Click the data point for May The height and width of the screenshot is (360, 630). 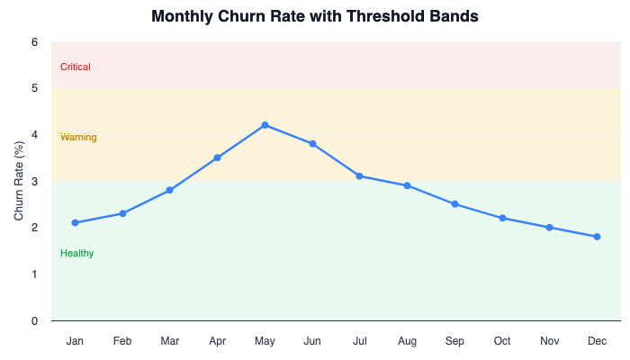(x=265, y=125)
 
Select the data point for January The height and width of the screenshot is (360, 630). (x=75, y=222)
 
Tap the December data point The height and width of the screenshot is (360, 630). (x=597, y=237)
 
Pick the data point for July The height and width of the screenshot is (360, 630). (x=359, y=176)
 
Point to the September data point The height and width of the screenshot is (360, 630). (x=454, y=204)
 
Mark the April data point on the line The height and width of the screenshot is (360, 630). (x=217, y=157)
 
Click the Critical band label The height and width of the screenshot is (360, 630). (x=76, y=67)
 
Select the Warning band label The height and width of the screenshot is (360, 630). (x=78, y=137)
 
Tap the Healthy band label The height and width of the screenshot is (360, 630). (x=76, y=253)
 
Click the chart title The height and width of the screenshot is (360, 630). (x=315, y=16)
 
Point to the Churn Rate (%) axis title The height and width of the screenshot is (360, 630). (x=19, y=181)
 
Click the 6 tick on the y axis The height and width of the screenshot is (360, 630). (x=34, y=42)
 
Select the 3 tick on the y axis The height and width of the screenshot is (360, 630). (x=34, y=182)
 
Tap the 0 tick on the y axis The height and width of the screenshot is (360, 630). (x=34, y=320)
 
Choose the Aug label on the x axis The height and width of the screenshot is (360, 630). (x=407, y=341)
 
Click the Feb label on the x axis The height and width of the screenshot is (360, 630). (x=122, y=341)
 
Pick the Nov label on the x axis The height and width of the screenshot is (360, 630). (x=549, y=341)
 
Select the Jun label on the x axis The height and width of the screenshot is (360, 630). (x=312, y=341)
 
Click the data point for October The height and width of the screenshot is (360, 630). (x=502, y=218)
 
